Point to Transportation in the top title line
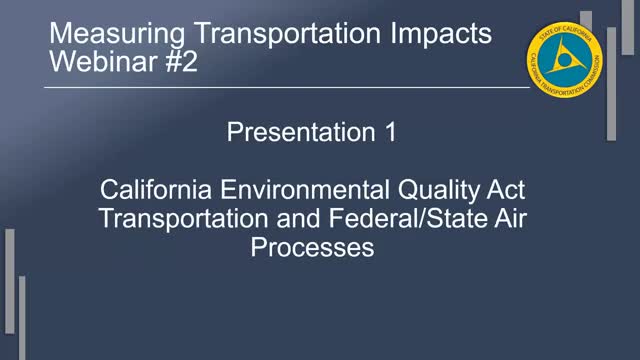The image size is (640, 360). tap(274, 34)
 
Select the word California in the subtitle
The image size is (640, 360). tap(165, 189)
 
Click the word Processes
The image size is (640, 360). tap(312, 247)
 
